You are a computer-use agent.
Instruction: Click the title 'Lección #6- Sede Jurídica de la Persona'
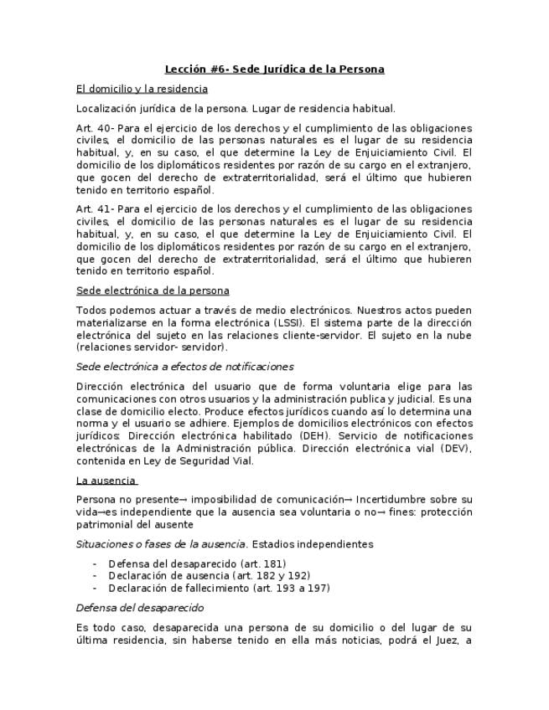pos(274,69)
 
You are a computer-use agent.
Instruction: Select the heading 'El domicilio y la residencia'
pos(142,89)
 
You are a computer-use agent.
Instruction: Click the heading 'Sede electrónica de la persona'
pos(153,291)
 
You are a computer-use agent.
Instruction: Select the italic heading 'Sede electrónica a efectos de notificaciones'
pos(184,367)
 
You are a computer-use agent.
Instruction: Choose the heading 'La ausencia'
pos(106,481)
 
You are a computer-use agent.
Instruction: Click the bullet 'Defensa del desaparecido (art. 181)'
pos(197,564)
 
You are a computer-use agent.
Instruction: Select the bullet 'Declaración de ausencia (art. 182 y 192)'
pos(209,576)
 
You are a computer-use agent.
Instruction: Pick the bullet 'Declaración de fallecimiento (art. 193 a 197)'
pos(219,588)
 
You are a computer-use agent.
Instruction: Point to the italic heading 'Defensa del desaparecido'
pos(139,608)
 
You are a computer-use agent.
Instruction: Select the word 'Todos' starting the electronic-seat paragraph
pos(91,311)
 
